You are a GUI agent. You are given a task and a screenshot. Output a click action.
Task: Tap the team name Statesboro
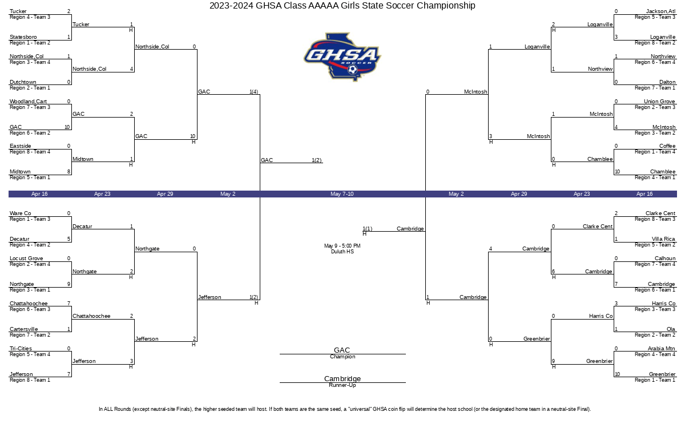coord(23,37)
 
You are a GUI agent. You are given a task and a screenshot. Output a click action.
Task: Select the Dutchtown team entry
coord(23,82)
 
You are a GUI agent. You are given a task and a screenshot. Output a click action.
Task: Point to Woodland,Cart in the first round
coord(28,102)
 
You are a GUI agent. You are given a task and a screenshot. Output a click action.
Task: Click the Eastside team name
coord(20,146)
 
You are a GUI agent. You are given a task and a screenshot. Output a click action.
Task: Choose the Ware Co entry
coord(21,213)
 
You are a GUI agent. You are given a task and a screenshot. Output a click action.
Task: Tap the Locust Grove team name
coord(26,259)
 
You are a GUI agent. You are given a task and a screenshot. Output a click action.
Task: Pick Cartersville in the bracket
coord(24,329)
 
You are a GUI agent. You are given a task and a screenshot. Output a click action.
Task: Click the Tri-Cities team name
coord(21,349)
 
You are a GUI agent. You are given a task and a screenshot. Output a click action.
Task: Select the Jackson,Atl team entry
coord(661,11)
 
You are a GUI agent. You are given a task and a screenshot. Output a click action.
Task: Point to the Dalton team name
coord(667,82)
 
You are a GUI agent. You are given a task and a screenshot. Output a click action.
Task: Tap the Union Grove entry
coord(659,102)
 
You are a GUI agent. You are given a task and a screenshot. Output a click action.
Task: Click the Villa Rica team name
coord(663,239)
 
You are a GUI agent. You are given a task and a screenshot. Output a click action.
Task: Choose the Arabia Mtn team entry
coord(661,349)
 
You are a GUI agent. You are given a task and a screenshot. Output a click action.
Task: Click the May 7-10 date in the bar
coord(342,194)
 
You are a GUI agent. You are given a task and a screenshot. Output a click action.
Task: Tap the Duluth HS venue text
coord(342,252)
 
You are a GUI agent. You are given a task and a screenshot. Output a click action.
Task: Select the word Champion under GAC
coord(342,357)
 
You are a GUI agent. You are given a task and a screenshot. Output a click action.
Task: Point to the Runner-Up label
coord(342,385)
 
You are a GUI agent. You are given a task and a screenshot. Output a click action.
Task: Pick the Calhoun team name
coord(664,259)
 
